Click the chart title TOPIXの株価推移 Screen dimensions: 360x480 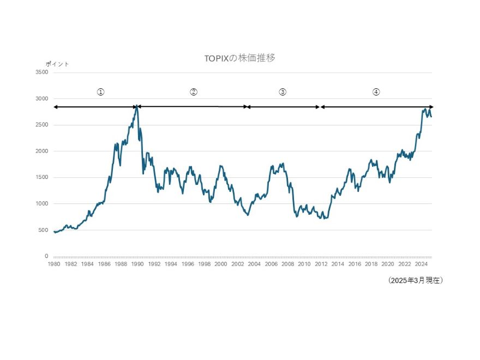pyautogui.click(x=239, y=58)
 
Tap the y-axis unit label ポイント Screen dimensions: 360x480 pyautogui.click(x=57, y=64)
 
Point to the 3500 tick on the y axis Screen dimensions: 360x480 pyautogui.click(x=41, y=73)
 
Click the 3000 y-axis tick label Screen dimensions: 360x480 pyautogui.click(x=41, y=99)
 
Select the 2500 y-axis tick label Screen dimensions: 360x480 pyautogui.click(x=41, y=125)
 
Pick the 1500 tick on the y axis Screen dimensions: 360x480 pyautogui.click(x=41, y=177)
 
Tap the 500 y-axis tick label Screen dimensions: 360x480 pyautogui.click(x=43, y=230)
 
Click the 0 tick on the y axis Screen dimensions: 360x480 pyautogui.click(x=46, y=256)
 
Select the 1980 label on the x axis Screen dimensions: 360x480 pyautogui.click(x=53, y=264)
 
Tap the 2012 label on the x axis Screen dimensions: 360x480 pyautogui.click(x=321, y=264)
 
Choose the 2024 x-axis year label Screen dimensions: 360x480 pyautogui.click(x=421, y=264)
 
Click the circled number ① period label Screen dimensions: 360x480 pyautogui.click(x=100, y=92)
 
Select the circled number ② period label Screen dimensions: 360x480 pyautogui.click(x=193, y=92)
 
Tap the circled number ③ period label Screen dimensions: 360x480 pyautogui.click(x=283, y=92)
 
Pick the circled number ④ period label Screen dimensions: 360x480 pyautogui.click(x=376, y=92)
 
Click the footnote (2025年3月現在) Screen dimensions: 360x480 pyautogui.click(x=415, y=280)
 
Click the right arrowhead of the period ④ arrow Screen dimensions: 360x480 pyautogui.click(x=431, y=107)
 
